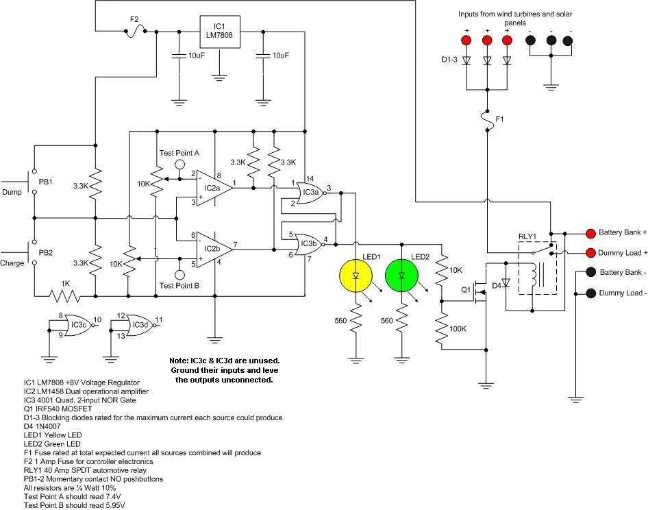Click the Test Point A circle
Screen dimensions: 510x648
tap(179, 164)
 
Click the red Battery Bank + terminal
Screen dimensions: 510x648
tap(590, 232)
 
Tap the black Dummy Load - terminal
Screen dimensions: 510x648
tap(590, 293)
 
